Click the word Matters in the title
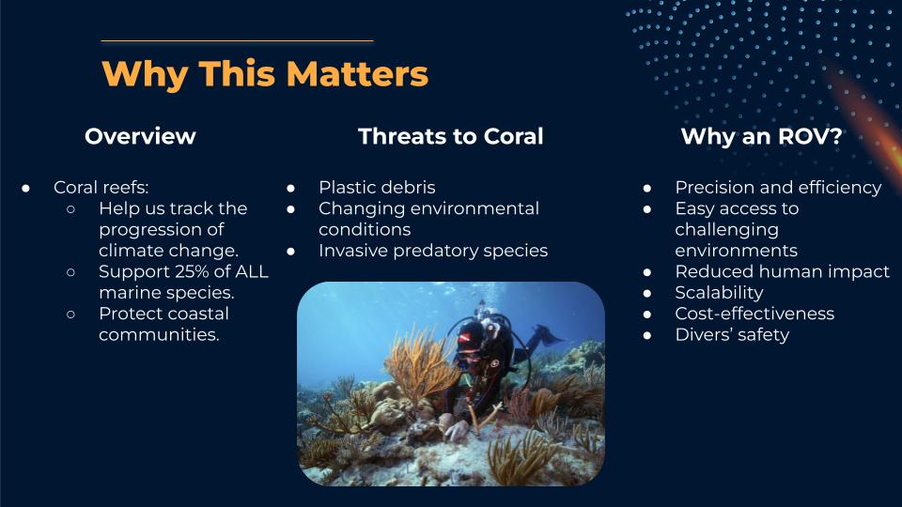tap(357, 73)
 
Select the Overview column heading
tap(140, 136)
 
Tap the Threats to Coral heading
tap(450, 136)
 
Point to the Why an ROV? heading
tap(761, 136)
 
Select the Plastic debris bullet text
tap(377, 188)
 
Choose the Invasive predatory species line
tap(433, 251)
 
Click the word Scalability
tap(719, 293)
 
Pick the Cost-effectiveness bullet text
tap(754, 314)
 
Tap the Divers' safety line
tap(732, 334)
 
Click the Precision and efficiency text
tap(778, 188)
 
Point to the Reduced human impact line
tap(783, 271)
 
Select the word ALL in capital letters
tap(252, 271)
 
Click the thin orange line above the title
tap(237, 40)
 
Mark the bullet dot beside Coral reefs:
tap(26, 188)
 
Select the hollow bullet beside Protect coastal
tap(70, 314)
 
